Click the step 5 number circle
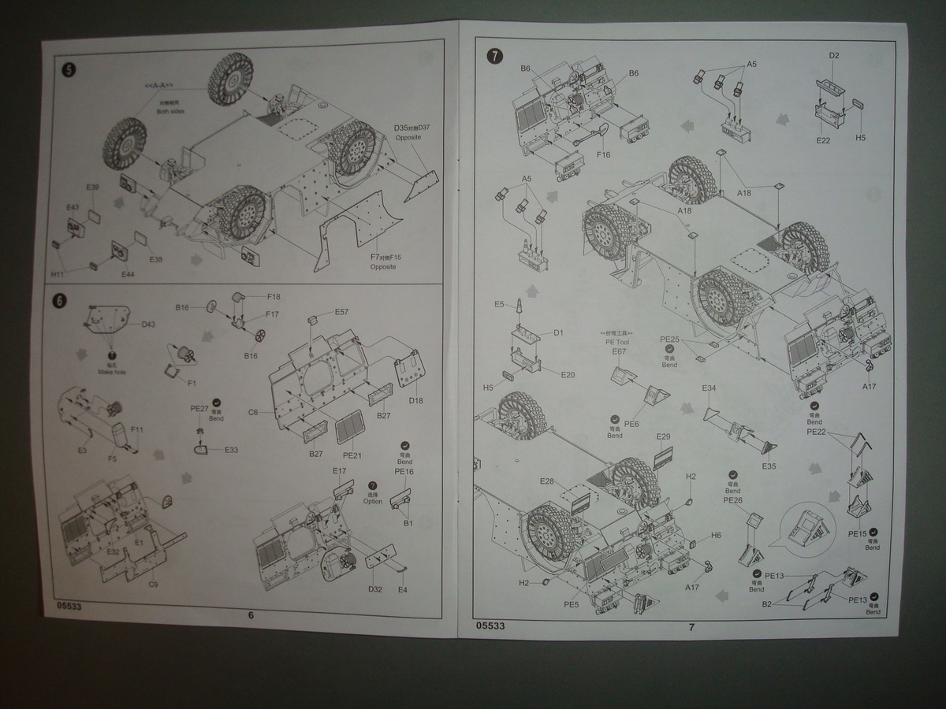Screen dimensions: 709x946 coord(69,70)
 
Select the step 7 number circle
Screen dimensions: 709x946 coord(494,56)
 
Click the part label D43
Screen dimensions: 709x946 coord(149,325)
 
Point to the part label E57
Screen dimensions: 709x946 coord(341,312)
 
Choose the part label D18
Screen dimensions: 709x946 coord(416,400)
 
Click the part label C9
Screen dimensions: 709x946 coord(154,585)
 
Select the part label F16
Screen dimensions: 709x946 coord(604,155)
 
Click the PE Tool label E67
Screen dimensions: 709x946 coord(618,351)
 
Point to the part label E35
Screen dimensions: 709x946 coord(769,466)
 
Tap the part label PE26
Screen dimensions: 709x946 coord(732,499)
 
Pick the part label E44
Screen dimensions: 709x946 coord(128,274)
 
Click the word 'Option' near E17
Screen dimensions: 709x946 coord(373,501)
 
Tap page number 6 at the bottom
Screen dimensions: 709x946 coord(251,616)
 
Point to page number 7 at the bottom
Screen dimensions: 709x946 coord(691,628)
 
